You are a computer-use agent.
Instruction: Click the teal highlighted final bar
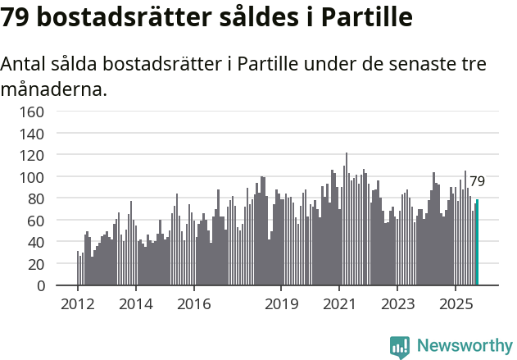[x=477, y=243]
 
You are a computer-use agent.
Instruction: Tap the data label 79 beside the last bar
[x=477, y=181]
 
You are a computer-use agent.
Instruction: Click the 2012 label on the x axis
[x=78, y=304]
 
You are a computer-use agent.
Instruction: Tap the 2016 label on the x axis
[x=193, y=304]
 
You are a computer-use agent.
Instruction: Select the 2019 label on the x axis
[x=281, y=304]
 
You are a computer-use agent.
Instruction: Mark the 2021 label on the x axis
[x=339, y=304]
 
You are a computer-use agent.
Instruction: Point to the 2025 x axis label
[x=455, y=304]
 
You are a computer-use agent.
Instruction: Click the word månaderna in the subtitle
[x=54, y=89]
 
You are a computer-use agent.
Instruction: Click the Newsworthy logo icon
[x=400, y=347]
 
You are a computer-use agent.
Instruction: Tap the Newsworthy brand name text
[x=465, y=346]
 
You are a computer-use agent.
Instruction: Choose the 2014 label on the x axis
[x=136, y=304]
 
